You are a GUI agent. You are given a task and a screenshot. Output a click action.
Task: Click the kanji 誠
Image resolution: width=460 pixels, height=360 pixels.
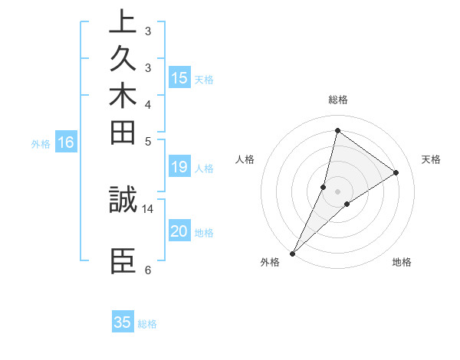tap(123, 200)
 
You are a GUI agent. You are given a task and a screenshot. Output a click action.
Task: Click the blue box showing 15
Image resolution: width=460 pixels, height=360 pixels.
tap(179, 77)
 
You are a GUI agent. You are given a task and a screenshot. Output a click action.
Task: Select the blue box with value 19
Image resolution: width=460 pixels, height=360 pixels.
tap(179, 168)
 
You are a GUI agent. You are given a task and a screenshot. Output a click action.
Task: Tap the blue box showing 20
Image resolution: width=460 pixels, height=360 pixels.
tap(179, 232)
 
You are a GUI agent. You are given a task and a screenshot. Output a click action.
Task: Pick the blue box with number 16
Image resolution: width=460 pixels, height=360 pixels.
tap(66, 142)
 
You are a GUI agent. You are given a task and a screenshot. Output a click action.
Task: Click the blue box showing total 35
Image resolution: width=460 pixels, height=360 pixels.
tap(123, 322)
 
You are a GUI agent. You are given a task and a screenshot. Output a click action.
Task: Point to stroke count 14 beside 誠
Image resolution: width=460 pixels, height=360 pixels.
tap(148, 208)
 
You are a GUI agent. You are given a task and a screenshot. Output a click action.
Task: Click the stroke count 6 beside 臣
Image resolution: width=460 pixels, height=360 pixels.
tap(148, 270)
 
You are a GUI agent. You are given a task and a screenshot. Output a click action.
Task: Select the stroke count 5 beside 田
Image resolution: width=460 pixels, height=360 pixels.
tap(148, 141)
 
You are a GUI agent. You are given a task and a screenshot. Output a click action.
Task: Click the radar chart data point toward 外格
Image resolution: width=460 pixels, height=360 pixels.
tap(292, 253)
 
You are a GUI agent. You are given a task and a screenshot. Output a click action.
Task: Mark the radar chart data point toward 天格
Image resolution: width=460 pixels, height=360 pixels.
tap(396, 172)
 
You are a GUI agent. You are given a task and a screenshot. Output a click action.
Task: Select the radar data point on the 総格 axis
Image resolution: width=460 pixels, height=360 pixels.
tap(337, 131)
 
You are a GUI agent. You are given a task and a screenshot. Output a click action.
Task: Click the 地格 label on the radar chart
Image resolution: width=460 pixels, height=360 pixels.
tap(402, 263)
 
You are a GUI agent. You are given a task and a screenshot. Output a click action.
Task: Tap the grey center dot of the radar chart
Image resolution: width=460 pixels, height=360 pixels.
tap(337, 191)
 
